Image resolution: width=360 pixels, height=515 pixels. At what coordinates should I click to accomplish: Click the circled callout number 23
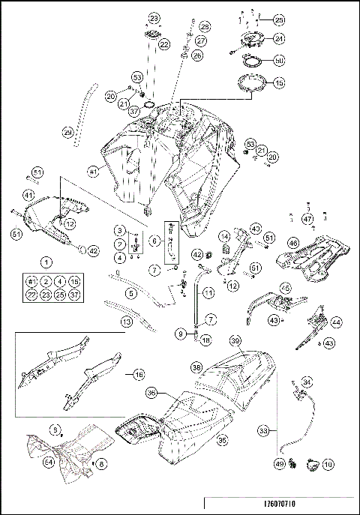click(x=154, y=17)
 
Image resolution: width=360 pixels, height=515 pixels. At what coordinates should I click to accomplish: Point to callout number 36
click(x=151, y=392)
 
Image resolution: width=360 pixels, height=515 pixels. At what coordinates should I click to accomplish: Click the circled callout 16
click(x=139, y=373)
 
